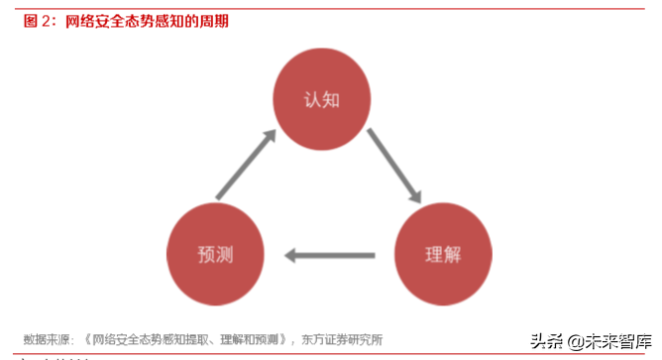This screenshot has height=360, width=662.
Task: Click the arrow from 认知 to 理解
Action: (x=395, y=169)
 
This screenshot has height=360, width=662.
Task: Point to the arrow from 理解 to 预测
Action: (x=330, y=256)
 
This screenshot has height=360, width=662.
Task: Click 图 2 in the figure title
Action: (x=38, y=20)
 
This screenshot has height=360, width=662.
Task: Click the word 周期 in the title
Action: (x=212, y=20)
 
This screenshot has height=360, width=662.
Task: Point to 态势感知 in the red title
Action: (x=158, y=20)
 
